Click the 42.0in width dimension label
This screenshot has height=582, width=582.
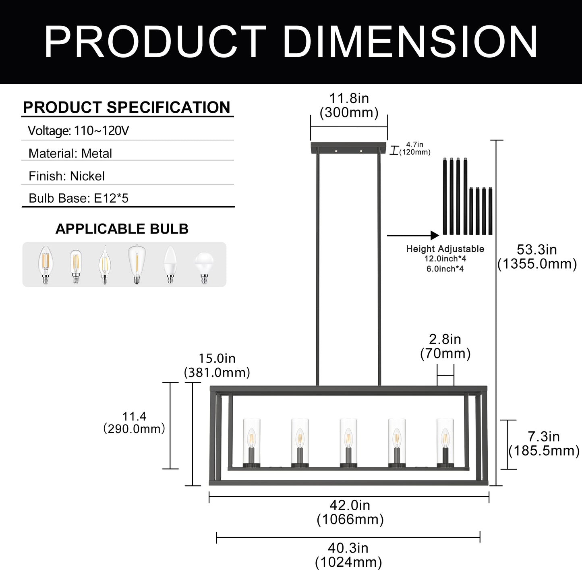350,512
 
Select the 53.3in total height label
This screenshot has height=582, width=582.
537,257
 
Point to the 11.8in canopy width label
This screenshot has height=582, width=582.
349,106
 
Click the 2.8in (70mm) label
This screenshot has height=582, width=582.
445,346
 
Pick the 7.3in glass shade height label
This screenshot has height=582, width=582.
544,444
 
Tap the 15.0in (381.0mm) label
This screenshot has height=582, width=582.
217,365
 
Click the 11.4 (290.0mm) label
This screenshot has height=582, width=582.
135,423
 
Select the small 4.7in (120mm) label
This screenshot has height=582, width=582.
415,149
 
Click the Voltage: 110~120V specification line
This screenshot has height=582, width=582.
79,131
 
